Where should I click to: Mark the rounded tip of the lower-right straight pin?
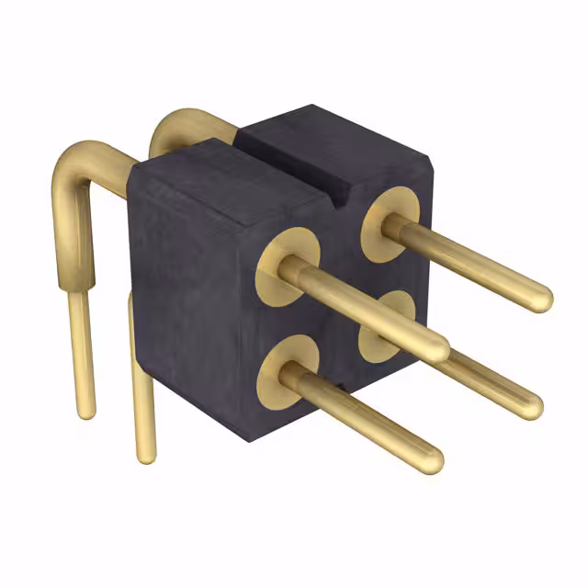(x=531, y=405)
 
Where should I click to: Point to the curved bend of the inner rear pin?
(x=170, y=129)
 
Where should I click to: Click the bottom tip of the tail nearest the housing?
(x=145, y=456)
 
